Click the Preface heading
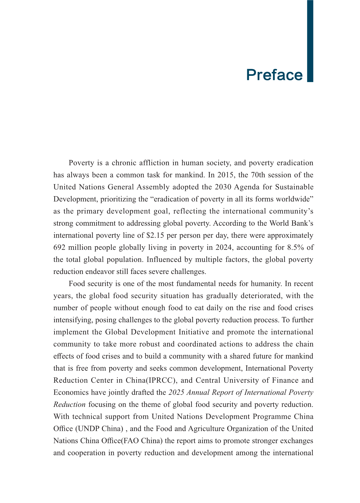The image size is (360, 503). click(x=274, y=75)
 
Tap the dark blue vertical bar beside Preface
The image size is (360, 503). click(x=310, y=41)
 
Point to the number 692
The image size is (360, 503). click(x=60, y=247)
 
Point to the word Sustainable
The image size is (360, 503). click(x=294, y=187)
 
